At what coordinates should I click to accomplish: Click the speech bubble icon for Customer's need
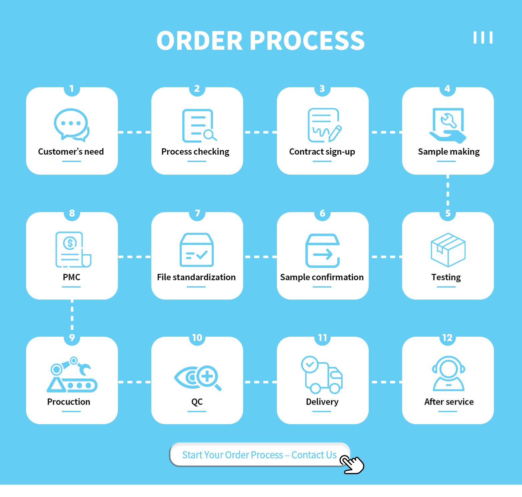71,124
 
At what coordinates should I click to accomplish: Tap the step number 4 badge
448,89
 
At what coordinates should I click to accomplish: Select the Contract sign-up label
322,152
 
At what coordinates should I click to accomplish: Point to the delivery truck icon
322,375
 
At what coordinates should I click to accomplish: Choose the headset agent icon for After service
449,374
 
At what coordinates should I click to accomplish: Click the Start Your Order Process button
259,455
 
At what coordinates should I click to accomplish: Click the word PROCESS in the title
307,41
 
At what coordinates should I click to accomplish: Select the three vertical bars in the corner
483,38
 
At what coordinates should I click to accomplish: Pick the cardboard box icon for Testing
448,250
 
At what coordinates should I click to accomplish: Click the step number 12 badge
448,338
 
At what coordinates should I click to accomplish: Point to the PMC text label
71,277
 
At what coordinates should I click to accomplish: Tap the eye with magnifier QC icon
198,377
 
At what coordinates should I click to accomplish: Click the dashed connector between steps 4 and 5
448,193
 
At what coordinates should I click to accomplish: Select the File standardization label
196,277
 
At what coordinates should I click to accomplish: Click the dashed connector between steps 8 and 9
72,317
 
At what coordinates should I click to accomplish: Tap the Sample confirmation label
322,277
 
